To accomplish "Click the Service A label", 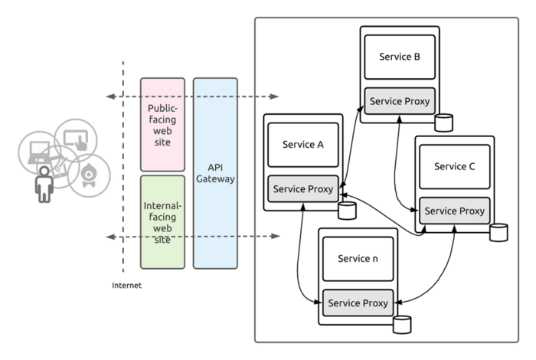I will [303, 145].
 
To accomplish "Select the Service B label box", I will [400, 56].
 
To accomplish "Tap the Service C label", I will [454, 166].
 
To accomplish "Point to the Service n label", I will [358, 257].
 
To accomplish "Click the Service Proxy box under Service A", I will [303, 189].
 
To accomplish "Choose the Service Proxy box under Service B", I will [400, 101].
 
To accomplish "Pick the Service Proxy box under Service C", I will [455, 211].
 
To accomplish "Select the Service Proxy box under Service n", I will [358, 303].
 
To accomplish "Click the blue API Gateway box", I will [215, 172].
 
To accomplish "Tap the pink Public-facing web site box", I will [162, 123].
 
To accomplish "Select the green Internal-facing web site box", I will [162, 221].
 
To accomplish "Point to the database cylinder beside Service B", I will [443, 122].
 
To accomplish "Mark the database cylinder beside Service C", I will [499, 231].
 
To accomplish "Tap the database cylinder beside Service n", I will [402, 324].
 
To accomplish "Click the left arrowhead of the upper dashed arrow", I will [111, 97].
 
